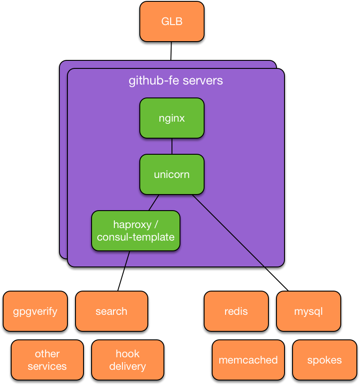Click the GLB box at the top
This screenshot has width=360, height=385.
tap(172, 21)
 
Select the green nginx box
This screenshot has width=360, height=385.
tap(172, 118)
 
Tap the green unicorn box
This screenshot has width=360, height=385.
tap(172, 174)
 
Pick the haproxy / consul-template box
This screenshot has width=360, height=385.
tap(135, 231)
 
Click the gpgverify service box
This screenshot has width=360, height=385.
tap(35, 311)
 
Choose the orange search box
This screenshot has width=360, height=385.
tap(111, 311)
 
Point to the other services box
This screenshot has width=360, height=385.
tap(47, 360)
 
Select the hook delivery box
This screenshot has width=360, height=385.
tap(127, 360)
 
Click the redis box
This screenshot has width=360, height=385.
tap(236, 311)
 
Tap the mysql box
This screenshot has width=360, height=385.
tap(308, 311)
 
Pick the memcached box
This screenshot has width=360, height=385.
tap(248, 360)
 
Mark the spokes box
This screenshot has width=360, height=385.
tap(324, 360)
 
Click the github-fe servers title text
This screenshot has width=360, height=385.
tap(176, 81)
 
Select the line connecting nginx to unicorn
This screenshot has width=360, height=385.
tap(172, 146)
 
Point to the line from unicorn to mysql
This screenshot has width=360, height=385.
tap(241, 243)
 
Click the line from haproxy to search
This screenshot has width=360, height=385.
tap(124, 271)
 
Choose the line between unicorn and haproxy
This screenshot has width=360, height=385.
tap(154, 203)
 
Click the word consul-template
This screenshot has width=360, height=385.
tap(135, 237)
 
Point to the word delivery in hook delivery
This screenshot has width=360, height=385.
tap(127, 366)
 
